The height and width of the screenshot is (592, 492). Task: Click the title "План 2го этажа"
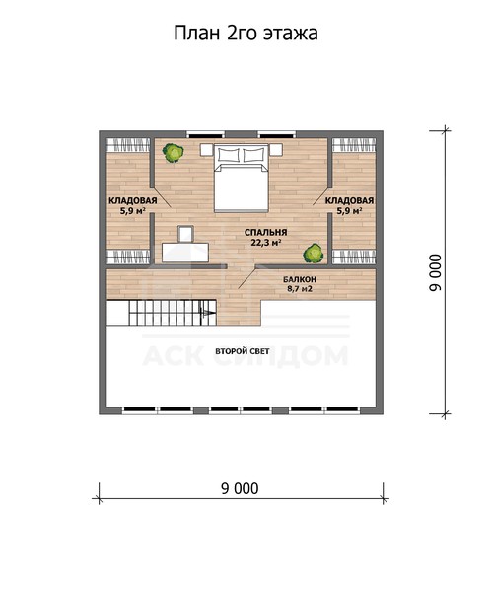(x=246, y=34)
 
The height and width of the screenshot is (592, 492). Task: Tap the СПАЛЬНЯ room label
(x=265, y=232)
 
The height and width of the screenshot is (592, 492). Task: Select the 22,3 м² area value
(x=265, y=243)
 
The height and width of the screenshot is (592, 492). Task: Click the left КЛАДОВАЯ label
(x=133, y=201)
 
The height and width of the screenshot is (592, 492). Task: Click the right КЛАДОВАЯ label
(x=349, y=201)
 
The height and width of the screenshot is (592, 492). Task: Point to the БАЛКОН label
(x=300, y=280)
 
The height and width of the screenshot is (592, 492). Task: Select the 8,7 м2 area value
(x=300, y=289)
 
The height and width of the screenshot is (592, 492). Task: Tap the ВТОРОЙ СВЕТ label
(x=243, y=351)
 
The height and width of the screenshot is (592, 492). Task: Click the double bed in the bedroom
(x=242, y=178)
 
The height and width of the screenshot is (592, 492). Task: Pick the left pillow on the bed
(x=229, y=155)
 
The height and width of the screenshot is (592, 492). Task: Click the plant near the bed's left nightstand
(x=174, y=153)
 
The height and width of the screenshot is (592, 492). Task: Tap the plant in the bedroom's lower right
(x=314, y=253)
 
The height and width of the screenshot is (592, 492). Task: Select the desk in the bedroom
(x=185, y=253)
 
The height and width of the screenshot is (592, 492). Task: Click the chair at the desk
(x=185, y=234)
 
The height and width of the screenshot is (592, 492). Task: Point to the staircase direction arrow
(x=208, y=313)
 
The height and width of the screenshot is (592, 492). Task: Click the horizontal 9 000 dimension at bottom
(x=240, y=489)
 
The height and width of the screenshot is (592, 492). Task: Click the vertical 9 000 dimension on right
(x=435, y=272)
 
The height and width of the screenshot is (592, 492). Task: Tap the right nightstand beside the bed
(x=276, y=150)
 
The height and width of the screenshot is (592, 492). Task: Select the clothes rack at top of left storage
(x=127, y=145)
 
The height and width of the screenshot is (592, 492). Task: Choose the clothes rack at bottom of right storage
(x=354, y=257)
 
